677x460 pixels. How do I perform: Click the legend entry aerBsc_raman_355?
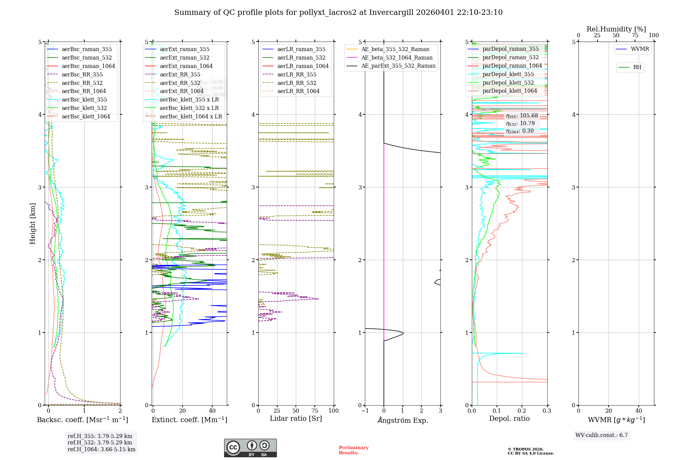point(87,49)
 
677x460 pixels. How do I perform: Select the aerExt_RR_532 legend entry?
point(180,83)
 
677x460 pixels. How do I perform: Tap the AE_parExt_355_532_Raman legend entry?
point(398,66)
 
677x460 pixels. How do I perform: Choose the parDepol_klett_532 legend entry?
point(508,83)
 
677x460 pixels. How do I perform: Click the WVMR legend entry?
point(640,49)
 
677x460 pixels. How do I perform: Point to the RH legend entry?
point(637,67)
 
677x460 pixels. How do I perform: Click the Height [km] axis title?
point(32,223)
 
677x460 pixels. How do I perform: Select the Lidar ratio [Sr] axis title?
point(296,418)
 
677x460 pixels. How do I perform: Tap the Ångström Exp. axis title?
point(402,420)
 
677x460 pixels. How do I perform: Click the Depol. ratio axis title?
point(509,418)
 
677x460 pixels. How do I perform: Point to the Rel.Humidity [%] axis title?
point(616,29)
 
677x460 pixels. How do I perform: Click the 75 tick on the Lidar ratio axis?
point(315,411)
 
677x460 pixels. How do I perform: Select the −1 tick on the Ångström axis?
point(365,411)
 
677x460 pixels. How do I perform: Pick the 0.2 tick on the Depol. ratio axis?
point(522,411)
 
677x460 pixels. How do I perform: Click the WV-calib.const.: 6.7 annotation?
point(602,435)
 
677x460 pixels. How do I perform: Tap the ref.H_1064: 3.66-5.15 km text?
point(101,449)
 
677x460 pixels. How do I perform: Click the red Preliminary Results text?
point(353,450)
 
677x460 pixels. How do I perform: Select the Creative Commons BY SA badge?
point(250,448)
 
